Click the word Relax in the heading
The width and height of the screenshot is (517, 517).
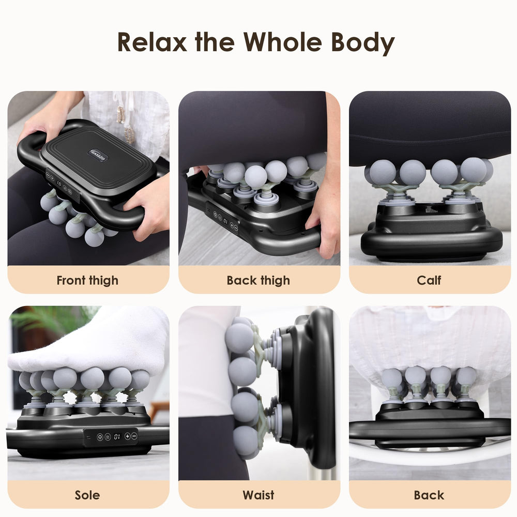tap(153, 42)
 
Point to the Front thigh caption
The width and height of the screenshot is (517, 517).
tap(87, 281)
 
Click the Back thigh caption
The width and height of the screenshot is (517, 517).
tap(258, 281)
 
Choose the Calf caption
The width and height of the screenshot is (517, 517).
tap(429, 280)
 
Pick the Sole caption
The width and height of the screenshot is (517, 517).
tap(87, 495)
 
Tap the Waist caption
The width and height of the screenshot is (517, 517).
tap(258, 495)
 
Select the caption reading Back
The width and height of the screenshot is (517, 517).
tap(429, 495)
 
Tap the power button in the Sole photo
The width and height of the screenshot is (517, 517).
tap(100, 437)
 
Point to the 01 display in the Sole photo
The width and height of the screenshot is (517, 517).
tap(117, 437)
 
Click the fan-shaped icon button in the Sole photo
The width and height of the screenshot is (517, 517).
tap(108, 437)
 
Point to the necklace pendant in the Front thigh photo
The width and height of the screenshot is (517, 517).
tap(121, 115)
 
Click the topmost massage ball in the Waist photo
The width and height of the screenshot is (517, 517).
tap(240, 337)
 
